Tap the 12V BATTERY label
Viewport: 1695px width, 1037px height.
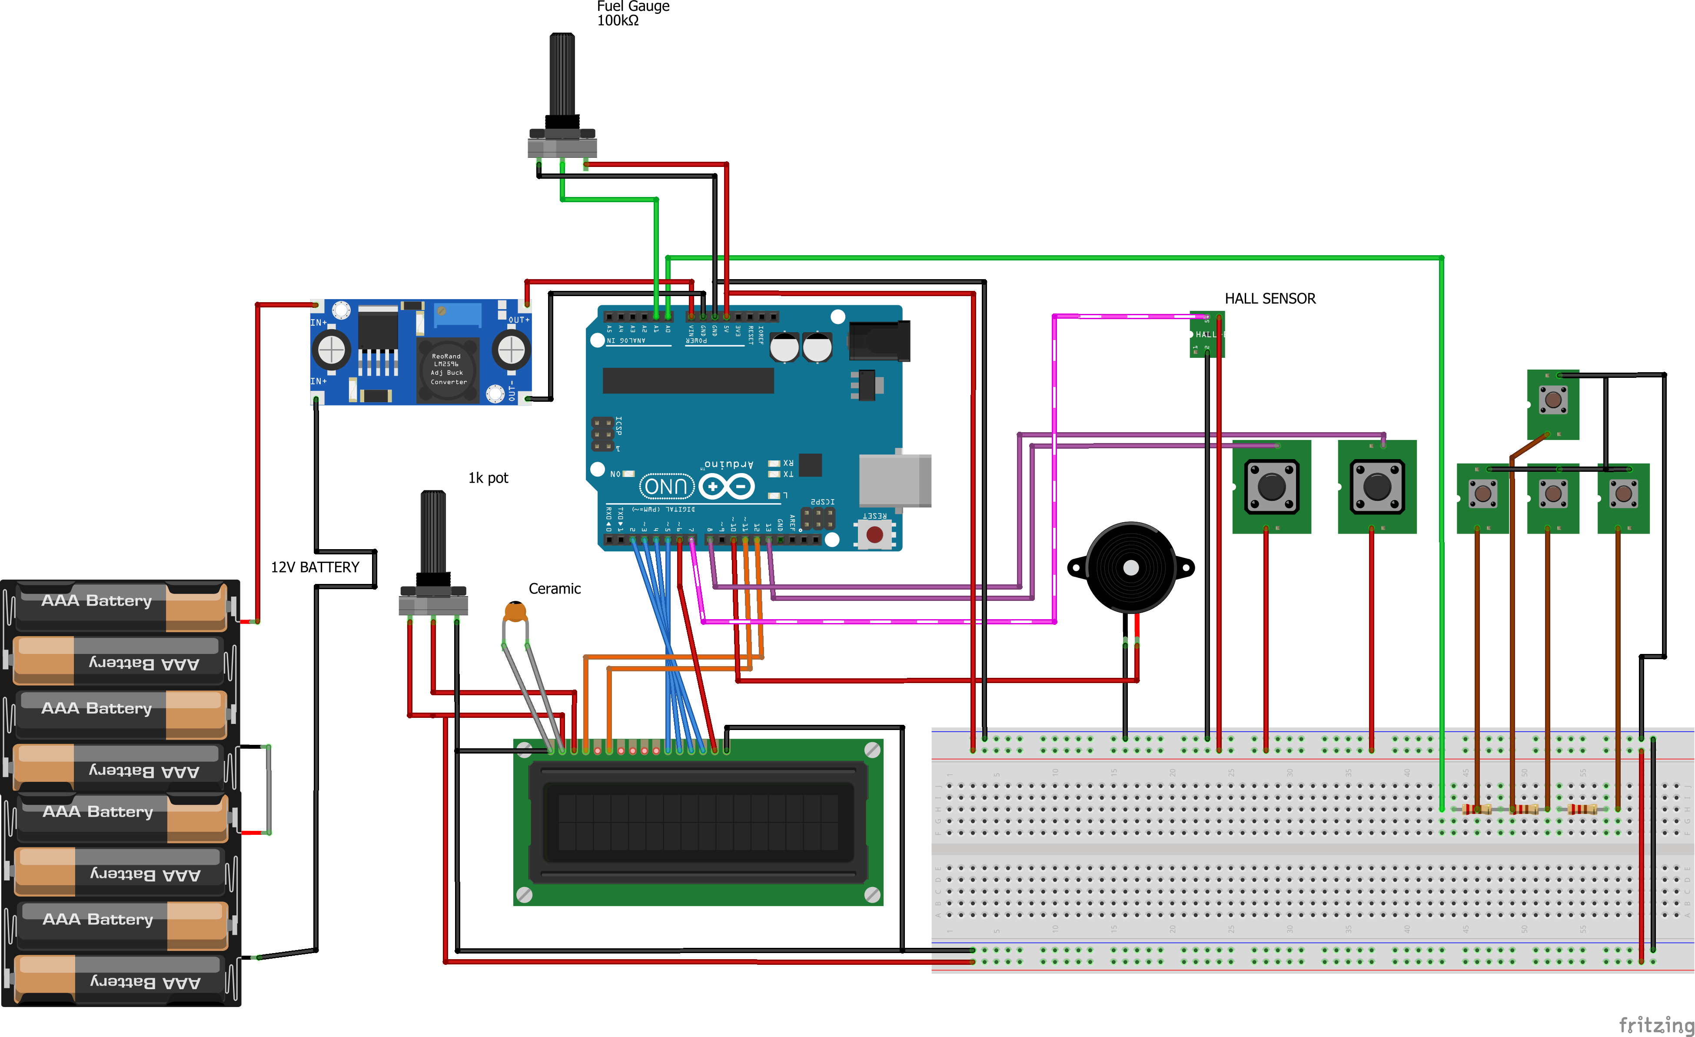(315, 567)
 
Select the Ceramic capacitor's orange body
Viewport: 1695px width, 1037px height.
(515, 610)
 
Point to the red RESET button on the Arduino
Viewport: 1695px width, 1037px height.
(874, 535)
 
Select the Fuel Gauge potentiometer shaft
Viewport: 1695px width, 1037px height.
(562, 76)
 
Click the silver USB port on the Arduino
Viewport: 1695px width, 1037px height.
(894, 480)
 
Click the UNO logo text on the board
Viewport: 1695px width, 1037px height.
(666, 487)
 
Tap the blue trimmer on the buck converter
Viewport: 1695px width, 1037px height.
(458, 315)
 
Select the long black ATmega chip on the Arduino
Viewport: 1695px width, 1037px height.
(688, 380)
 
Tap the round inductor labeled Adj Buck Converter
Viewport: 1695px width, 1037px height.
(448, 370)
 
